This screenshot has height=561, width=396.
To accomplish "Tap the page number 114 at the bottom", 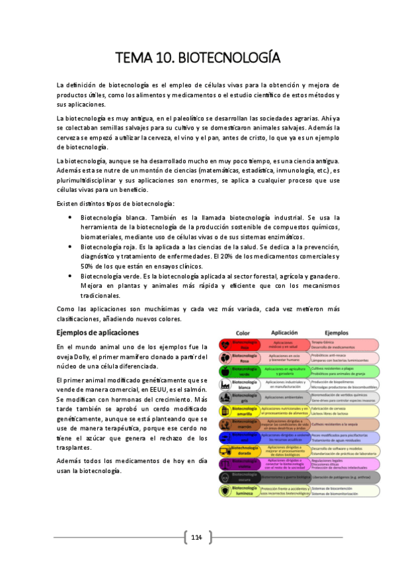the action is (x=196, y=537).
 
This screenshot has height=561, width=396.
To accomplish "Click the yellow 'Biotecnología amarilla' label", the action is (x=245, y=411).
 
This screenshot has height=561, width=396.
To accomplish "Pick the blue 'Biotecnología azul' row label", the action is (x=245, y=438).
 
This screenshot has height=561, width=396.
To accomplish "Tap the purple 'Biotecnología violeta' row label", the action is (x=245, y=464).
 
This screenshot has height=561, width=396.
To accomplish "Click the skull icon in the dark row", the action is (x=225, y=478).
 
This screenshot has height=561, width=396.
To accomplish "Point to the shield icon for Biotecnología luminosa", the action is (x=225, y=491).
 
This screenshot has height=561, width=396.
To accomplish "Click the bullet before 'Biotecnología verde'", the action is (x=71, y=275).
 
